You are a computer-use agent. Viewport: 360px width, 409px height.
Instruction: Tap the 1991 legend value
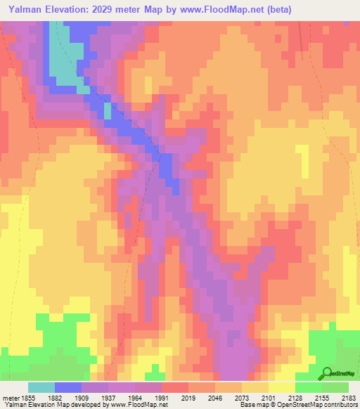161,397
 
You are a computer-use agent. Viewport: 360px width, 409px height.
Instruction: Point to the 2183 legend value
348,397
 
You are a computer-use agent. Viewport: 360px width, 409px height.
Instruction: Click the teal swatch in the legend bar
41,387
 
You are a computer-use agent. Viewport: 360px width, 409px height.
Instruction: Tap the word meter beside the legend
9,397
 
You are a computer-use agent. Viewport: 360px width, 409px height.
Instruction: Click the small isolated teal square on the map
108,110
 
